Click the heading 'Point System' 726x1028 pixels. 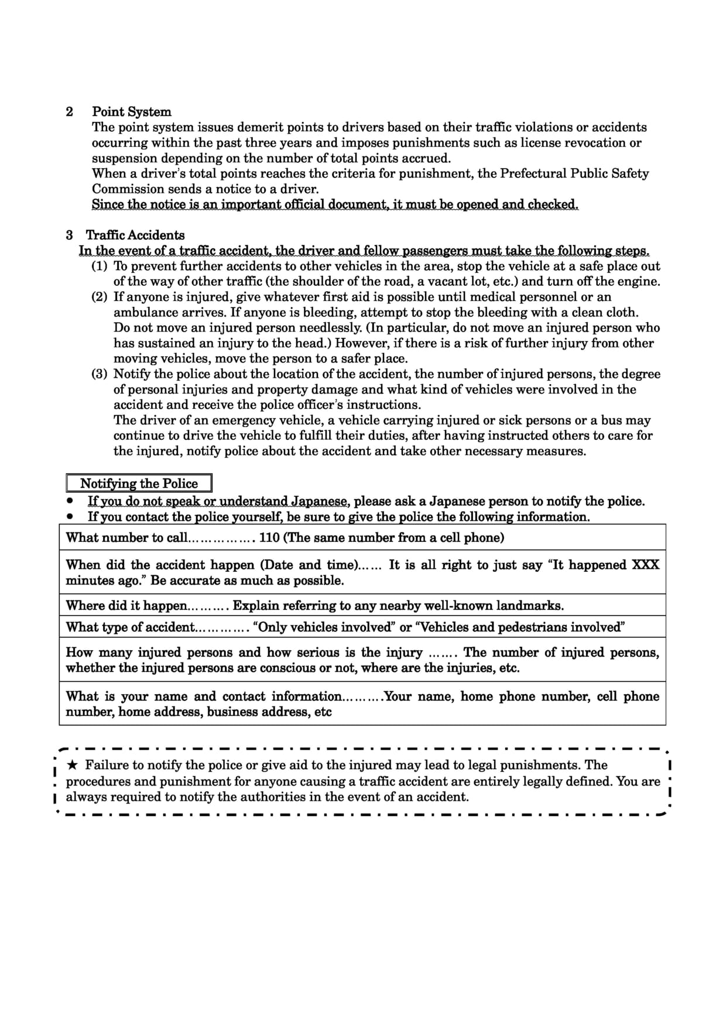click(x=132, y=112)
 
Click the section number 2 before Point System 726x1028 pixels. click(x=70, y=112)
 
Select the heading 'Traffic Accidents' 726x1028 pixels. click(x=135, y=235)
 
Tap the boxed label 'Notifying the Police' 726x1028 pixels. click(x=139, y=484)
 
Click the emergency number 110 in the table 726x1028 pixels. click(x=269, y=538)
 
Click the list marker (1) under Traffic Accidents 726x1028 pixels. click(x=100, y=266)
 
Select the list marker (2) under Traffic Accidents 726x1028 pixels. click(x=100, y=297)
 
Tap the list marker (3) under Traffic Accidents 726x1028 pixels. click(x=100, y=374)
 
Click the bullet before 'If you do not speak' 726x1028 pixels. click(x=71, y=501)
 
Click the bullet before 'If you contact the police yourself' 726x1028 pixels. click(x=71, y=517)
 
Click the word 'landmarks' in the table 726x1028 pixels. click(x=533, y=606)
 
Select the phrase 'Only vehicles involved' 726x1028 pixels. click(x=324, y=627)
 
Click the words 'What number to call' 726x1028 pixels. click(x=126, y=538)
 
